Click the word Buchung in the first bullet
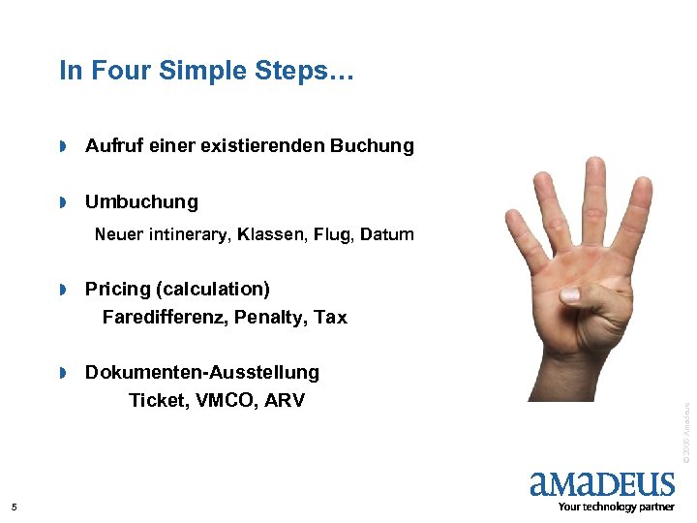[372, 146]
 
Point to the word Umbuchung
[141, 202]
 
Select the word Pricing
[119, 290]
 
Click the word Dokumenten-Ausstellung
[201, 373]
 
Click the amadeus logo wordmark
[602, 484]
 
